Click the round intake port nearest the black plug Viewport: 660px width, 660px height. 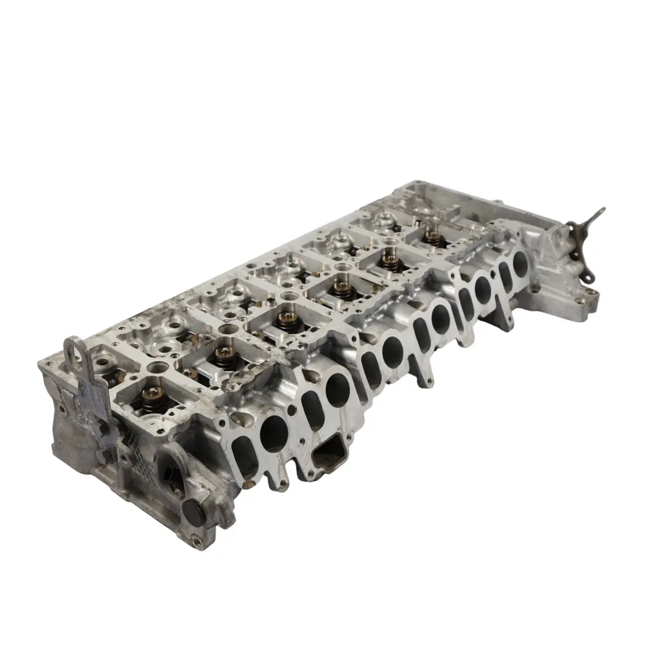click(x=274, y=433)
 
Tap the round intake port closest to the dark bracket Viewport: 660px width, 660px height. click(x=520, y=263)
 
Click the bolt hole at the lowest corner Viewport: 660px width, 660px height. click(x=196, y=540)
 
